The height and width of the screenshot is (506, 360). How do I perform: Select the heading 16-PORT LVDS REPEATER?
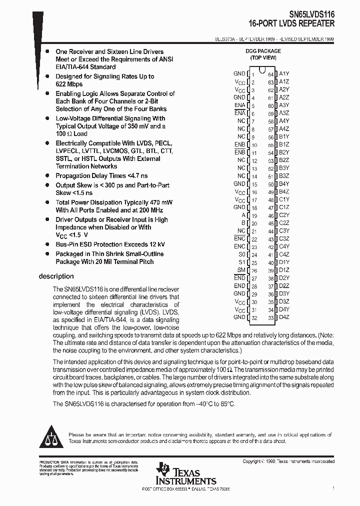click(292, 23)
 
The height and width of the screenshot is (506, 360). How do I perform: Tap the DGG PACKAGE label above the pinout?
click(263, 51)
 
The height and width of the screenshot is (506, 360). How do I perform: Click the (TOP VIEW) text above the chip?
click(263, 57)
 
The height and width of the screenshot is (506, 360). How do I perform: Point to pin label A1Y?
click(284, 74)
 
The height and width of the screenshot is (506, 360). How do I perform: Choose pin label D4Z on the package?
click(284, 317)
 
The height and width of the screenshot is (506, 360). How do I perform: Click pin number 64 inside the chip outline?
click(271, 74)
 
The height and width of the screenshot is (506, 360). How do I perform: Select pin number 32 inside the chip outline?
click(254, 317)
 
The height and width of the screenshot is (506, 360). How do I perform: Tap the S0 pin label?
click(242, 254)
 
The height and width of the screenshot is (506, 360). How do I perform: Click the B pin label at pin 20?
click(243, 223)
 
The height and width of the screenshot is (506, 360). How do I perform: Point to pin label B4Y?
click(284, 191)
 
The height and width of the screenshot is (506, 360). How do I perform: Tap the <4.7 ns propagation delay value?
click(137, 176)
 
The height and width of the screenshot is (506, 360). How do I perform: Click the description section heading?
click(56, 276)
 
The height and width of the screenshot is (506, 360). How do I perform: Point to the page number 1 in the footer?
click(333, 487)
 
